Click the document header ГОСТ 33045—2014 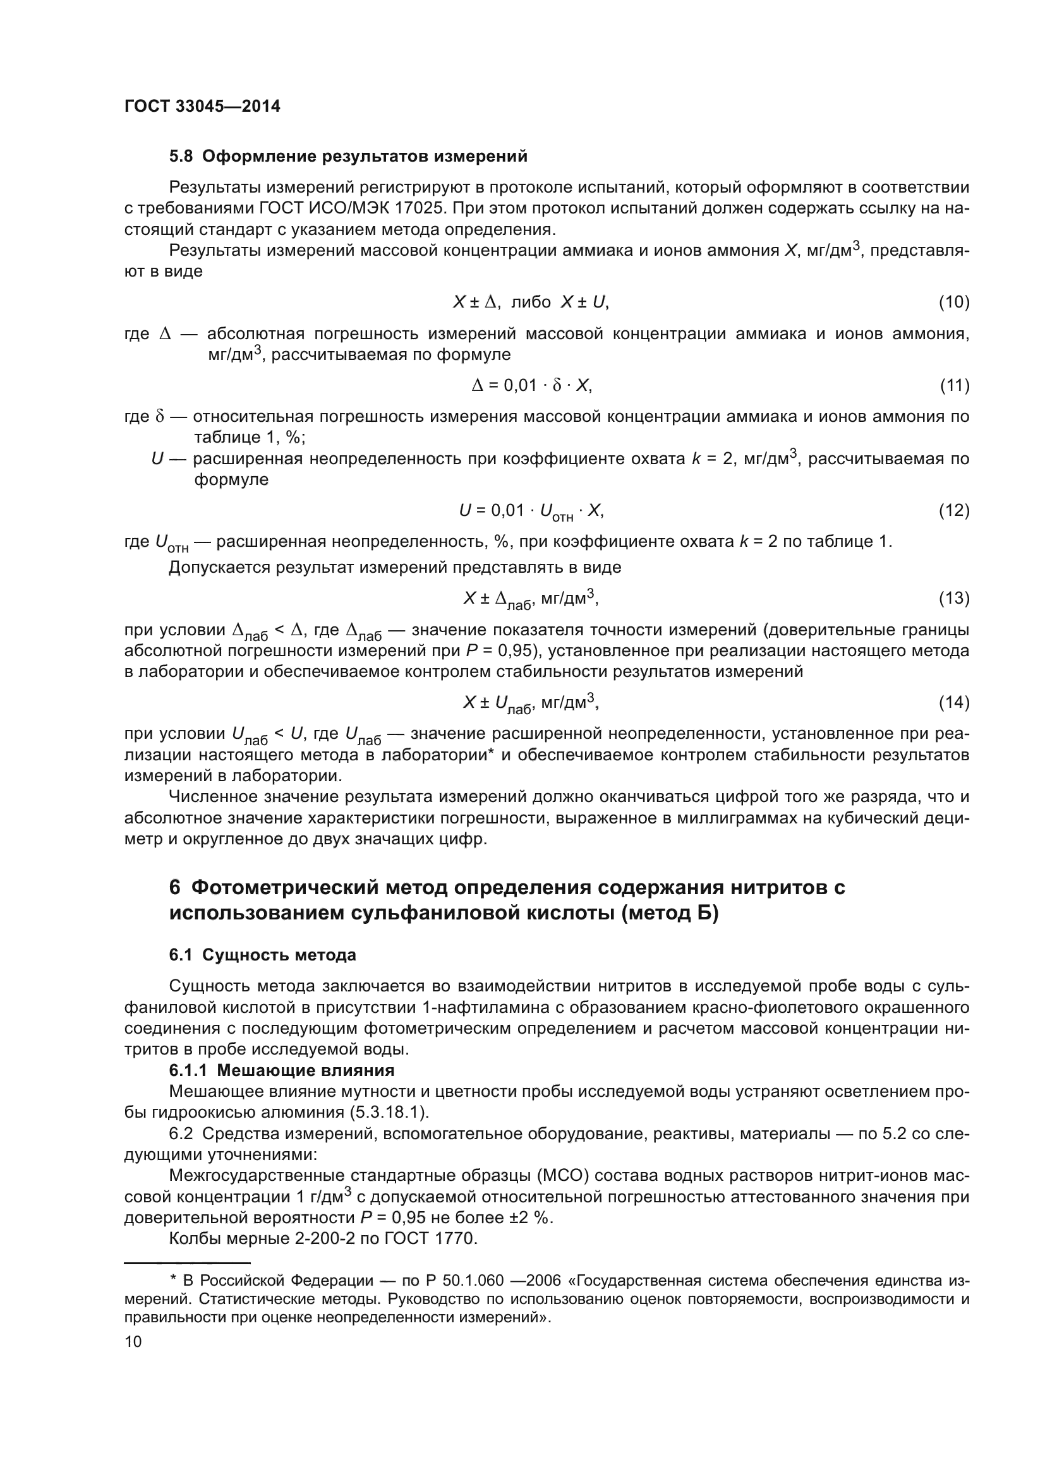click(202, 107)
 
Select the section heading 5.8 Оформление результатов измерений click(348, 157)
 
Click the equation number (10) click(953, 302)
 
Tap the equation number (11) click(953, 385)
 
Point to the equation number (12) click(953, 510)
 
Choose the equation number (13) click(953, 598)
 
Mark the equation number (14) click(953, 702)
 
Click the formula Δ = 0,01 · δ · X click(531, 385)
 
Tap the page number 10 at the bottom click(133, 1341)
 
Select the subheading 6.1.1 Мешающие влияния click(282, 1070)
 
